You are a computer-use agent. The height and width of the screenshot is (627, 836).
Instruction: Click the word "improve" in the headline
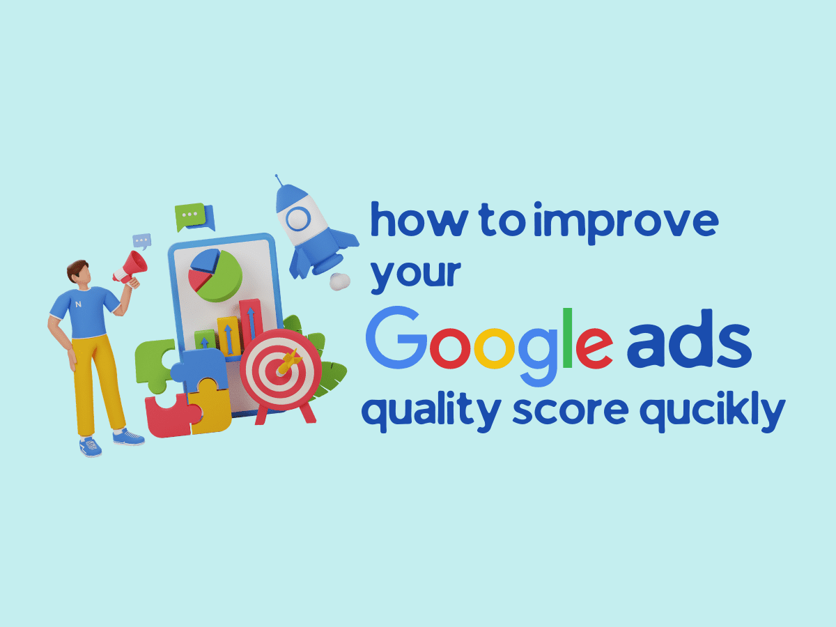626,223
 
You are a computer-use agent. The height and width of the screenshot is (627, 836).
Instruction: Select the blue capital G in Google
396,337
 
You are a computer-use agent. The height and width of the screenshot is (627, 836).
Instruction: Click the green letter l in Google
568,338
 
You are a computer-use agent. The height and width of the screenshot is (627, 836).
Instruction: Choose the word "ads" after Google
689,339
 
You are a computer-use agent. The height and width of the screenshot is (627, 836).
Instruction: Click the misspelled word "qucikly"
712,415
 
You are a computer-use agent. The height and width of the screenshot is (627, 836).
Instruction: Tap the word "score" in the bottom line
571,412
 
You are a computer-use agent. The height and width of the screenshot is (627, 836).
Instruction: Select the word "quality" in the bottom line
431,415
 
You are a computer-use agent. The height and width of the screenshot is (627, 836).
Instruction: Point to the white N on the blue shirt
78,304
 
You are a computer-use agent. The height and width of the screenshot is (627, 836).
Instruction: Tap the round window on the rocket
298,219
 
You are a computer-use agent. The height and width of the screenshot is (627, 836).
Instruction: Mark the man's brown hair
76,269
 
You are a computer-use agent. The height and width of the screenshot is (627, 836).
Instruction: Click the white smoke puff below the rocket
340,282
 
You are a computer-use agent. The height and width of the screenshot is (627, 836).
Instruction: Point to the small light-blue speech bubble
141,241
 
